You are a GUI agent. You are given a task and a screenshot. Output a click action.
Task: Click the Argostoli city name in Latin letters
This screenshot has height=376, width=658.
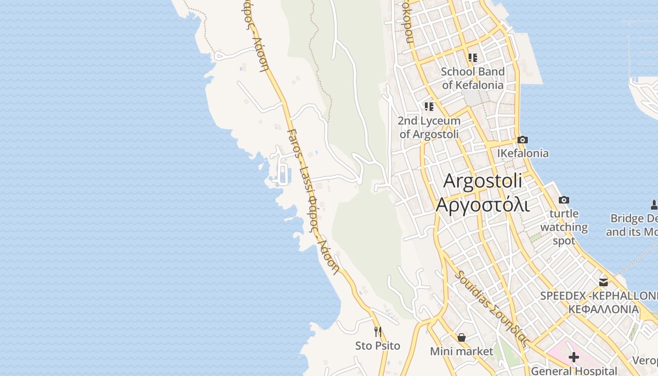[x=483, y=181]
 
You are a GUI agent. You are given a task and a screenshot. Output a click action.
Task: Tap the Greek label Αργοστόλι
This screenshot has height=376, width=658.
[x=483, y=205]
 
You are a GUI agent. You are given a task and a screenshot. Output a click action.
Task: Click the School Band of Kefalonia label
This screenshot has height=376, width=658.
[x=473, y=78]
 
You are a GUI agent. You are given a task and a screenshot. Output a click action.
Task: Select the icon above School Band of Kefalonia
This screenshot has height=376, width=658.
[x=473, y=58]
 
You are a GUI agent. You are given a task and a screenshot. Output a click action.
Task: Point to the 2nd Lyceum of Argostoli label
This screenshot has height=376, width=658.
[x=429, y=127]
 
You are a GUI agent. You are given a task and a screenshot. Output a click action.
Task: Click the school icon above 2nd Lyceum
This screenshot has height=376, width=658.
[x=429, y=107]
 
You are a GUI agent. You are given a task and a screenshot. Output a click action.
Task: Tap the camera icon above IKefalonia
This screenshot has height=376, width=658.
[x=522, y=140]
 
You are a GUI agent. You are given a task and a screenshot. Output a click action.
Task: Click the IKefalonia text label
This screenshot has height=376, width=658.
[x=523, y=153]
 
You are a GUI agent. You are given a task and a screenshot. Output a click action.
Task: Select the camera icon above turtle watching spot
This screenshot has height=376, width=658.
[x=564, y=200]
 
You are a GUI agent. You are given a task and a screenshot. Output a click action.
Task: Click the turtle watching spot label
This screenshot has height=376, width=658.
[x=564, y=227]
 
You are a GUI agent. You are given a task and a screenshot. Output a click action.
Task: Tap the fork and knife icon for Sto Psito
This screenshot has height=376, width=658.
[x=378, y=332]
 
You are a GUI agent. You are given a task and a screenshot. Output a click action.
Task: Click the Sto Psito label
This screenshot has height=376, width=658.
[x=378, y=346]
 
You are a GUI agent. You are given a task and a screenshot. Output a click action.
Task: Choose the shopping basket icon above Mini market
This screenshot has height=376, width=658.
[x=462, y=337]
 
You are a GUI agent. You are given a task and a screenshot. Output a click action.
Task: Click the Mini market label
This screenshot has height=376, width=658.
[x=462, y=352]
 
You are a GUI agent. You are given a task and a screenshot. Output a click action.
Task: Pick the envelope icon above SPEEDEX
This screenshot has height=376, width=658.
[x=603, y=282]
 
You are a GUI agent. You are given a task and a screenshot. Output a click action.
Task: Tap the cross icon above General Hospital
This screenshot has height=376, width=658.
[x=574, y=357]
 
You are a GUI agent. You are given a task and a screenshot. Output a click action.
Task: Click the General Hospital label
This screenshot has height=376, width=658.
[x=574, y=371]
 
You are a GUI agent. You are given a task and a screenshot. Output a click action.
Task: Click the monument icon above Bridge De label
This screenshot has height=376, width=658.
[x=654, y=205]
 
